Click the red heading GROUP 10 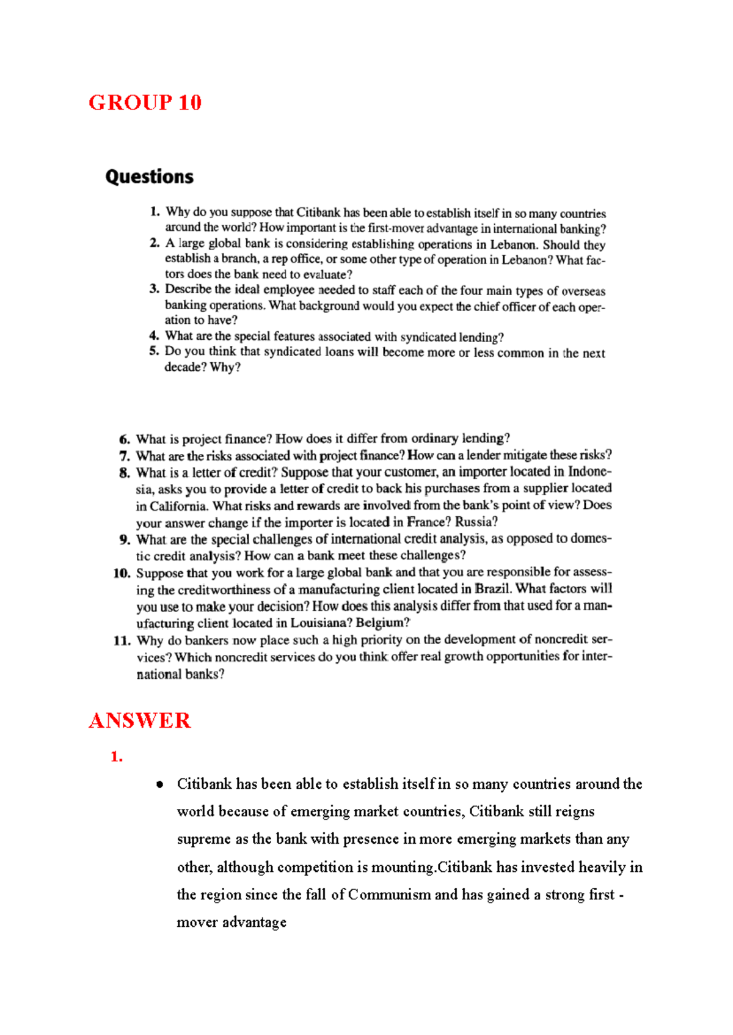[x=145, y=102]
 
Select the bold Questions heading [x=149, y=177]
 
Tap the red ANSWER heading [x=139, y=720]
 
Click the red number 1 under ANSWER [x=116, y=756]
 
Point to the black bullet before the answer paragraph [x=159, y=784]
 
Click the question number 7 [x=125, y=456]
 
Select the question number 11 [x=122, y=640]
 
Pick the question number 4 [x=154, y=335]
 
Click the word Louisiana [x=320, y=623]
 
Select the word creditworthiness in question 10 [x=224, y=590]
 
